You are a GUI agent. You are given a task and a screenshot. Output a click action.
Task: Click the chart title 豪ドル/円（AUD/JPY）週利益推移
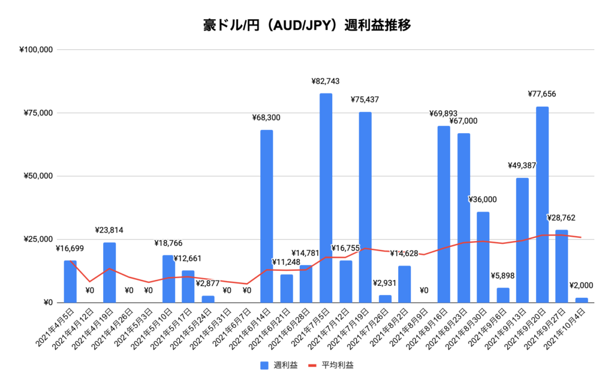(x=306, y=25)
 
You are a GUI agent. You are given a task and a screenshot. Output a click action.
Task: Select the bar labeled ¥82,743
(x=326, y=198)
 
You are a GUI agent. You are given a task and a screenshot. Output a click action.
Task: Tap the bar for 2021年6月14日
(x=267, y=216)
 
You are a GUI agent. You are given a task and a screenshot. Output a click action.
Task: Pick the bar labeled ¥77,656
(x=543, y=204)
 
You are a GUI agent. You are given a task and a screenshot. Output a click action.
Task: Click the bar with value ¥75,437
(x=365, y=207)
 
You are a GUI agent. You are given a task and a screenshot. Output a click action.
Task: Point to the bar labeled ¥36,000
(x=483, y=257)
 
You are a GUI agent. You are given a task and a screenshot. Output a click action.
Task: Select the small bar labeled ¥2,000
(x=582, y=300)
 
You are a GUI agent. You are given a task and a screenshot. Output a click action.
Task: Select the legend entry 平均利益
(x=331, y=364)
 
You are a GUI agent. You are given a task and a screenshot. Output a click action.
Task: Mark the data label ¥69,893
(x=444, y=113)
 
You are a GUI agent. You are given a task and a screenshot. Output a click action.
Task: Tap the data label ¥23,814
(x=109, y=230)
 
